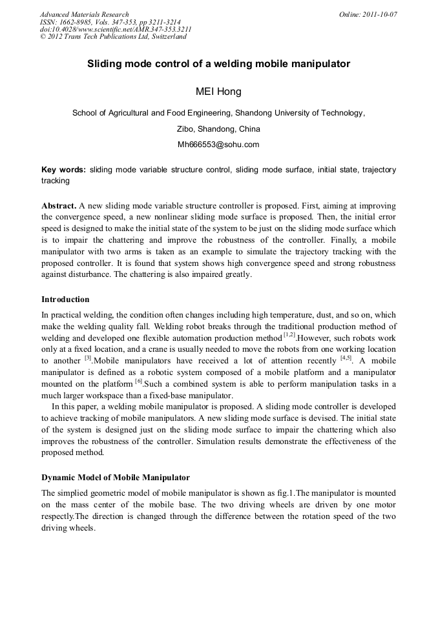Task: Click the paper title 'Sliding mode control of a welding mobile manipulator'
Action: pyautogui.click(x=218, y=65)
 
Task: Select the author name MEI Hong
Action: pyautogui.click(x=218, y=92)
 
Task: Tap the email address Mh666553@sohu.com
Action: pyautogui.click(x=218, y=145)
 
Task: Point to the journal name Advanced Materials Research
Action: pyautogui.click(x=84, y=14)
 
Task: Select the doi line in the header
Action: pyautogui.click(x=115, y=29)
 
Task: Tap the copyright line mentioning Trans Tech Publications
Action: pyautogui.click(x=113, y=37)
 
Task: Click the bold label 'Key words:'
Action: pyautogui.click(x=63, y=170)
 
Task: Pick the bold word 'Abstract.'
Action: pyautogui.click(x=59, y=203)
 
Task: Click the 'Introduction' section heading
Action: pyautogui.click(x=65, y=299)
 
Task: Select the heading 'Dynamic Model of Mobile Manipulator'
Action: pyautogui.click(x=116, y=478)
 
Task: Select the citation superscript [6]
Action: pyautogui.click(x=138, y=381)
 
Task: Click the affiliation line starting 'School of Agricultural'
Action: pyautogui.click(x=218, y=113)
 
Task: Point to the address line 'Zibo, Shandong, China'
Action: pyautogui.click(x=218, y=129)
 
